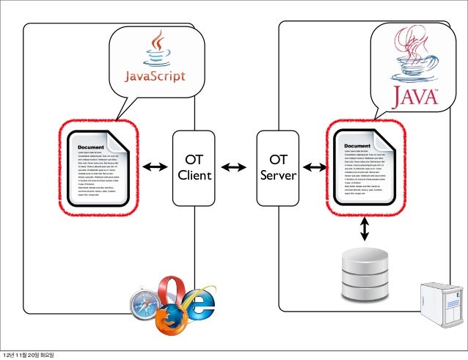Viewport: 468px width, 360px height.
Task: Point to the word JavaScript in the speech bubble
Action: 153,76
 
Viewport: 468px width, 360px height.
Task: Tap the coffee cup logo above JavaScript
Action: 155,48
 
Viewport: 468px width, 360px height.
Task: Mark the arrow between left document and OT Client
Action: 156,168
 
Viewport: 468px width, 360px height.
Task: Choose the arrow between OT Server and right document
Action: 315,168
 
